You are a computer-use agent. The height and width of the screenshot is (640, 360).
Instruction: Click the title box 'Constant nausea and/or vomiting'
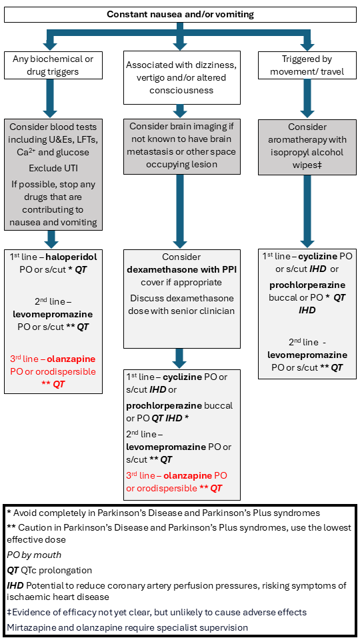click(x=180, y=14)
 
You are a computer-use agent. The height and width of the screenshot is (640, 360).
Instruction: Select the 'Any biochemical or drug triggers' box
click(x=53, y=65)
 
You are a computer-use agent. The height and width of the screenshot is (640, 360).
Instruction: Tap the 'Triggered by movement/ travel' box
click(x=307, y=65)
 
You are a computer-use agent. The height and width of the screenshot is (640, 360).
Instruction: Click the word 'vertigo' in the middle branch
click(x=142, y=77)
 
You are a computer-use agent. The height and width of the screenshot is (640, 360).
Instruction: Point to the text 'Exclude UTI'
click(x=53, y=181)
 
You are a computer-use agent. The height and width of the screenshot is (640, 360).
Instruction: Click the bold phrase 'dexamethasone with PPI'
click(x=181, y=269)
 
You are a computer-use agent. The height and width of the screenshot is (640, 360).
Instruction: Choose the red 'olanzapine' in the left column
click(x=71, y=359)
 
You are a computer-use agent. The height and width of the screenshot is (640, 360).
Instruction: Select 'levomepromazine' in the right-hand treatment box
click(x=307, y=355)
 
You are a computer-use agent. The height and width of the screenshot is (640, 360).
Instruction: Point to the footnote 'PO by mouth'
click(x=34, y=555)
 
